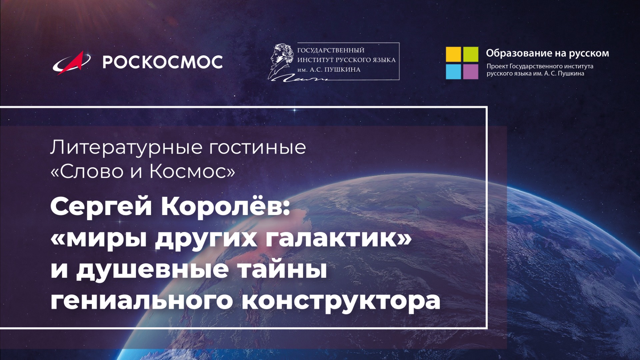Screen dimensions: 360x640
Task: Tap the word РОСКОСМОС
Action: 162,62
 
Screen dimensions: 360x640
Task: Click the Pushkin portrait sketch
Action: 282,60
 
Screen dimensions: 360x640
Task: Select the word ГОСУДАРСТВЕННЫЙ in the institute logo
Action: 331,50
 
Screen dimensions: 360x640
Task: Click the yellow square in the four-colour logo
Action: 453,54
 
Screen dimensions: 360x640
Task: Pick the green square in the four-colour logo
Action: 471,54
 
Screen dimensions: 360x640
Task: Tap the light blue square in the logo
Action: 453,72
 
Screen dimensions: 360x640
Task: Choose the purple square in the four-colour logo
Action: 471,72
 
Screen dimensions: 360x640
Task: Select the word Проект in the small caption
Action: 497,66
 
